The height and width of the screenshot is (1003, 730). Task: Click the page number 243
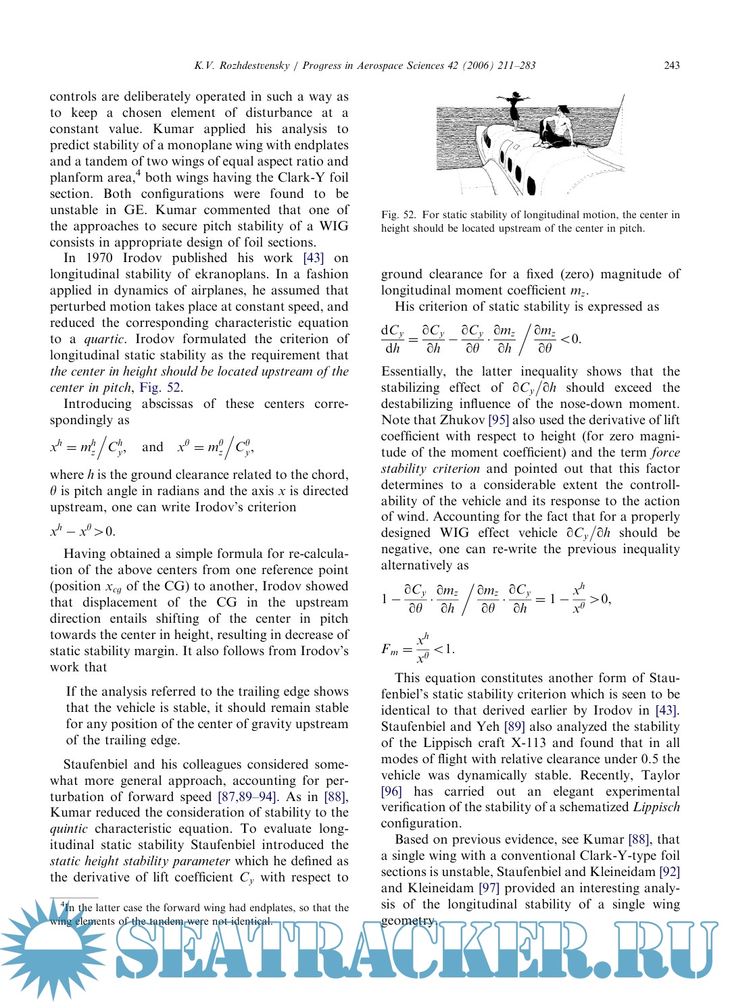coord(671,66)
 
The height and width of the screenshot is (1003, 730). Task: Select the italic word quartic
coord(104,339)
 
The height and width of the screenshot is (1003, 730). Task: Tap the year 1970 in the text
coord(100,258)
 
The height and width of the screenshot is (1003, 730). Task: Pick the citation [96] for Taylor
coord(391,792)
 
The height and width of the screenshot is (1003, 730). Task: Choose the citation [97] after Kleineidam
coord(489,888)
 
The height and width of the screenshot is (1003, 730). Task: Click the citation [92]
coord(669,872)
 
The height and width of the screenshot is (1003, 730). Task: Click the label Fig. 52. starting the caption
coord(399,215)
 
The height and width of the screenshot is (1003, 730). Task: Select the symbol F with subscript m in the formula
coord(389,650)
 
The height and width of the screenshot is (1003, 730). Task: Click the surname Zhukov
coord(462,420)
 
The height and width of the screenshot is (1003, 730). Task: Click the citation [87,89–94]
coord(247,797)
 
